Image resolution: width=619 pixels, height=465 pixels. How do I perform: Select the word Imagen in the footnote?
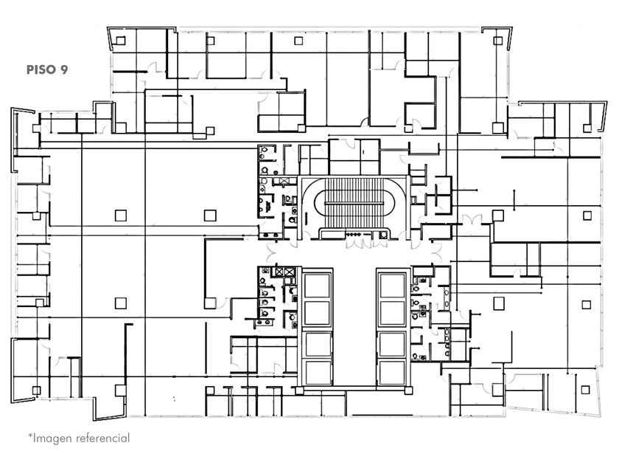pos(55,438)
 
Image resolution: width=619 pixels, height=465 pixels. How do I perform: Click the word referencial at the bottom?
pos(102,438)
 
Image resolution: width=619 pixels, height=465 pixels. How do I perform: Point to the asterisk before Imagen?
pos(31,436)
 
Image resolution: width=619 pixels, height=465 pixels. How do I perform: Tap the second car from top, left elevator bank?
pos(317,312)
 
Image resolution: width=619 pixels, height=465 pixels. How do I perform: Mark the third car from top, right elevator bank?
pos(391,343)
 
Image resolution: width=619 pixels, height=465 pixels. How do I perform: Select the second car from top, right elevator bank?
pos(391,312)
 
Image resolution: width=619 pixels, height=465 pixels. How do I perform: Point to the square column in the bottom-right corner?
pos(585,390)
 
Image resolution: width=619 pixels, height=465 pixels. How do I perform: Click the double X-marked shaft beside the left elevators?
pos(283,271)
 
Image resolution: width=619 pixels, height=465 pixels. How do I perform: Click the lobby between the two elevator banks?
pos(354,325)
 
